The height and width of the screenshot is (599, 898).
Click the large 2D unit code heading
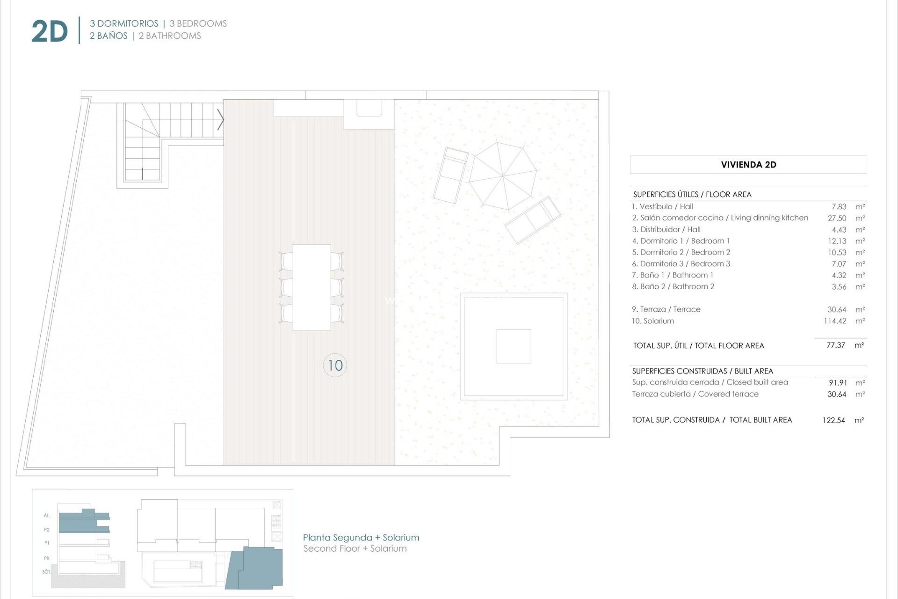(x=50, y=31)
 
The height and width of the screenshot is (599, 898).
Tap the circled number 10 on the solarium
(x=335, y=365)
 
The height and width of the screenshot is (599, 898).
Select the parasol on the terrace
(x=503, y=176)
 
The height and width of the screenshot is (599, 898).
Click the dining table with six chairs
(x=311, y=287)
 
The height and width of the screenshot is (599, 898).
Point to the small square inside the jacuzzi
(x=514, y=347)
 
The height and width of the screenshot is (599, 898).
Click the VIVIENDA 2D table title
(x=748, y=165)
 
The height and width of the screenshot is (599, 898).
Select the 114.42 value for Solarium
(x=834, y=321)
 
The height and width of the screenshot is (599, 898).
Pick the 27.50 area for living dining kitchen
(x=837, y=218)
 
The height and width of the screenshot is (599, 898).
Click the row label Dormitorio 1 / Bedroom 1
(x=681, y=241)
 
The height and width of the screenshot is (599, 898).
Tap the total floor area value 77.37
(x=836, y=345)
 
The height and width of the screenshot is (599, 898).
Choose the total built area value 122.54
(x=833, y=420)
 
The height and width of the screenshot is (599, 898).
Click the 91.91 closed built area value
(x=837, y=383)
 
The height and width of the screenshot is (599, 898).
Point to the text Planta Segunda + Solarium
(x=361, y=538)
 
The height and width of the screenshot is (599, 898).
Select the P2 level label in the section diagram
(x=47, y=530)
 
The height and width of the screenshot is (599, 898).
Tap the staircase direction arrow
(x=220, y=120)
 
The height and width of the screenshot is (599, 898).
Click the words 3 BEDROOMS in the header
(x=198, y=23)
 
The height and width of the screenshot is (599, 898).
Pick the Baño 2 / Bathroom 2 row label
(x=673, y=286)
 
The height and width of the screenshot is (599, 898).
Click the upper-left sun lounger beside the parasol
(x=450, y=175)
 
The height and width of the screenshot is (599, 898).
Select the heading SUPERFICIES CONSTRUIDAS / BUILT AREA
(x=702, y=371)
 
